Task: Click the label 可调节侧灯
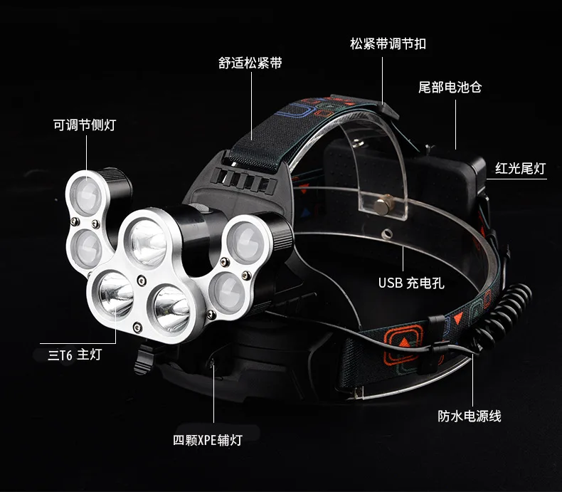[x=85, y=125]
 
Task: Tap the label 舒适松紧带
[x=250, y=63]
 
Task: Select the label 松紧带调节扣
[x=388, y=43]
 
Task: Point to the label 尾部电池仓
[x=450, y=87]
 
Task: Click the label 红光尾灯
[x=521, y=168]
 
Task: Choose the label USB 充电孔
[x=411, y=283]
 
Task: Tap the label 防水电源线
[x=470, y=417]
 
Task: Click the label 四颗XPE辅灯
[x=208, y=440]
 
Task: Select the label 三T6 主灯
[x=75, y=355]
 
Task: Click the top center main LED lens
[x=148, y=242]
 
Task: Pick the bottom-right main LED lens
[x=171, y=308]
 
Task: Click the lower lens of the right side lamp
[x=227, y=291]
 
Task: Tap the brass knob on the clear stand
[x=383, y=205]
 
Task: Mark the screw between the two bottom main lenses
[x=142, y=281]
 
